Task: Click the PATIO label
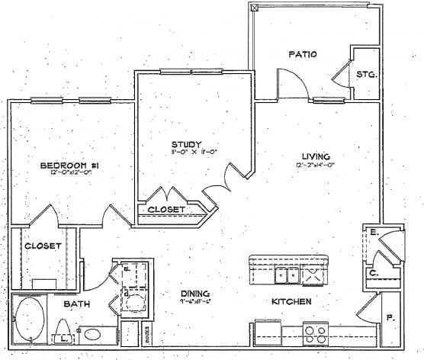303,54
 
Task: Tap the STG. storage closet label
364,74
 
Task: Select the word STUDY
185,144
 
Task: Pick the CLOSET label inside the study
165,209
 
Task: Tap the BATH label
75,304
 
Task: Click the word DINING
194,294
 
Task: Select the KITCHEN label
291,302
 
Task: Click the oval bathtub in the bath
31,318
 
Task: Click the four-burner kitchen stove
316,333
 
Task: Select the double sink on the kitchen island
287,274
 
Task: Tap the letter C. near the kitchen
374,272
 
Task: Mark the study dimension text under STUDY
185,153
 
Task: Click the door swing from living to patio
293,84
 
